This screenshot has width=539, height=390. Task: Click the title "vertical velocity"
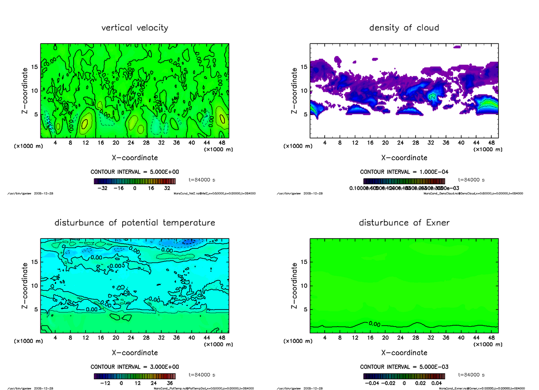click(x=135, y=28)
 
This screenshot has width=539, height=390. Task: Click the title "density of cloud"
click(x=404, y=28)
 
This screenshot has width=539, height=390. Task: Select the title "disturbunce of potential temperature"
click(x=135, y=223)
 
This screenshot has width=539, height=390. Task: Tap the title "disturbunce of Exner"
click(x=404, y=223)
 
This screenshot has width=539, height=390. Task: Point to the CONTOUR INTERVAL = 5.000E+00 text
click(x=135, y=172)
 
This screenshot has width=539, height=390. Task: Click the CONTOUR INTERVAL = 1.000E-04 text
click(x=404, y=172)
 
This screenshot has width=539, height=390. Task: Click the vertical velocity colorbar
click(x=135, y=181)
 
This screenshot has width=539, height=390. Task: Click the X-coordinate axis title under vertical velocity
click(x=135, y=158)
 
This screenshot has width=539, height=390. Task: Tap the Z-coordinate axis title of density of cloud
click(x=295, y=90)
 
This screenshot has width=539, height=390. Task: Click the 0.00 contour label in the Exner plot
click(x=374, y=323)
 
